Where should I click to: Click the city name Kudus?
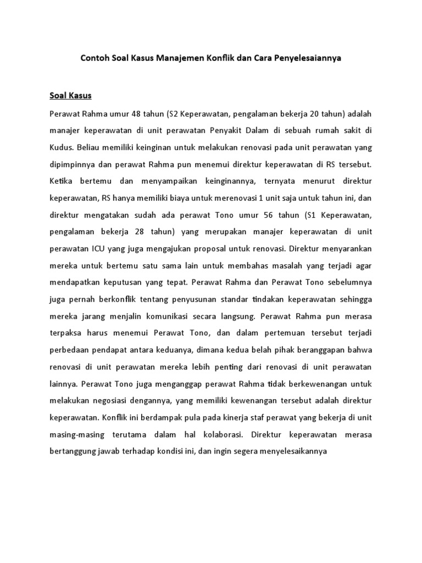point(59,148)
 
